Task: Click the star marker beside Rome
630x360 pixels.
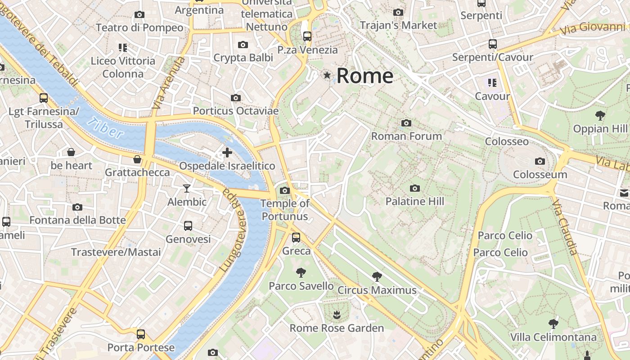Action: pos(327,75)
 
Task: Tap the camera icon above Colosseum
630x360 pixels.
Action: pos(540,161)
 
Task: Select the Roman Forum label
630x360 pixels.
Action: pos(406,136)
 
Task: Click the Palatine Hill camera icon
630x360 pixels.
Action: pos(415,188)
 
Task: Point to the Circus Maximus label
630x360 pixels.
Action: pos(377,290)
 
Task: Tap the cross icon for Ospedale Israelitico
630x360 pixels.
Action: pos(227,153)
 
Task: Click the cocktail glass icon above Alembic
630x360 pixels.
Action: pos(187,188)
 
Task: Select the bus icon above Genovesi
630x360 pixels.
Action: pos(188,225)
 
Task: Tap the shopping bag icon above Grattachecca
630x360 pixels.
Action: pos(137,159)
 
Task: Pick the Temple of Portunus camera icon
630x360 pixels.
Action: pos(285,190)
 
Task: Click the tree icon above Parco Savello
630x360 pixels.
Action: pos(301,272)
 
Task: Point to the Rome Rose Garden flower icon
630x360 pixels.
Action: pos(336,314)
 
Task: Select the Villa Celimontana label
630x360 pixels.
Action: pos(553,337)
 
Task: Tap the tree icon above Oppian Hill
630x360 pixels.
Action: pos(600,115)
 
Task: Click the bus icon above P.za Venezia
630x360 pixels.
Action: pos(307,36)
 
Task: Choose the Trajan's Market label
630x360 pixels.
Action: pos(398,25)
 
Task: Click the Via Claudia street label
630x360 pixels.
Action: pos(565,227)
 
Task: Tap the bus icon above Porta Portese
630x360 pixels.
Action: pos(141,334)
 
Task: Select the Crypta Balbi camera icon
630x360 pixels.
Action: pos(243,45)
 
